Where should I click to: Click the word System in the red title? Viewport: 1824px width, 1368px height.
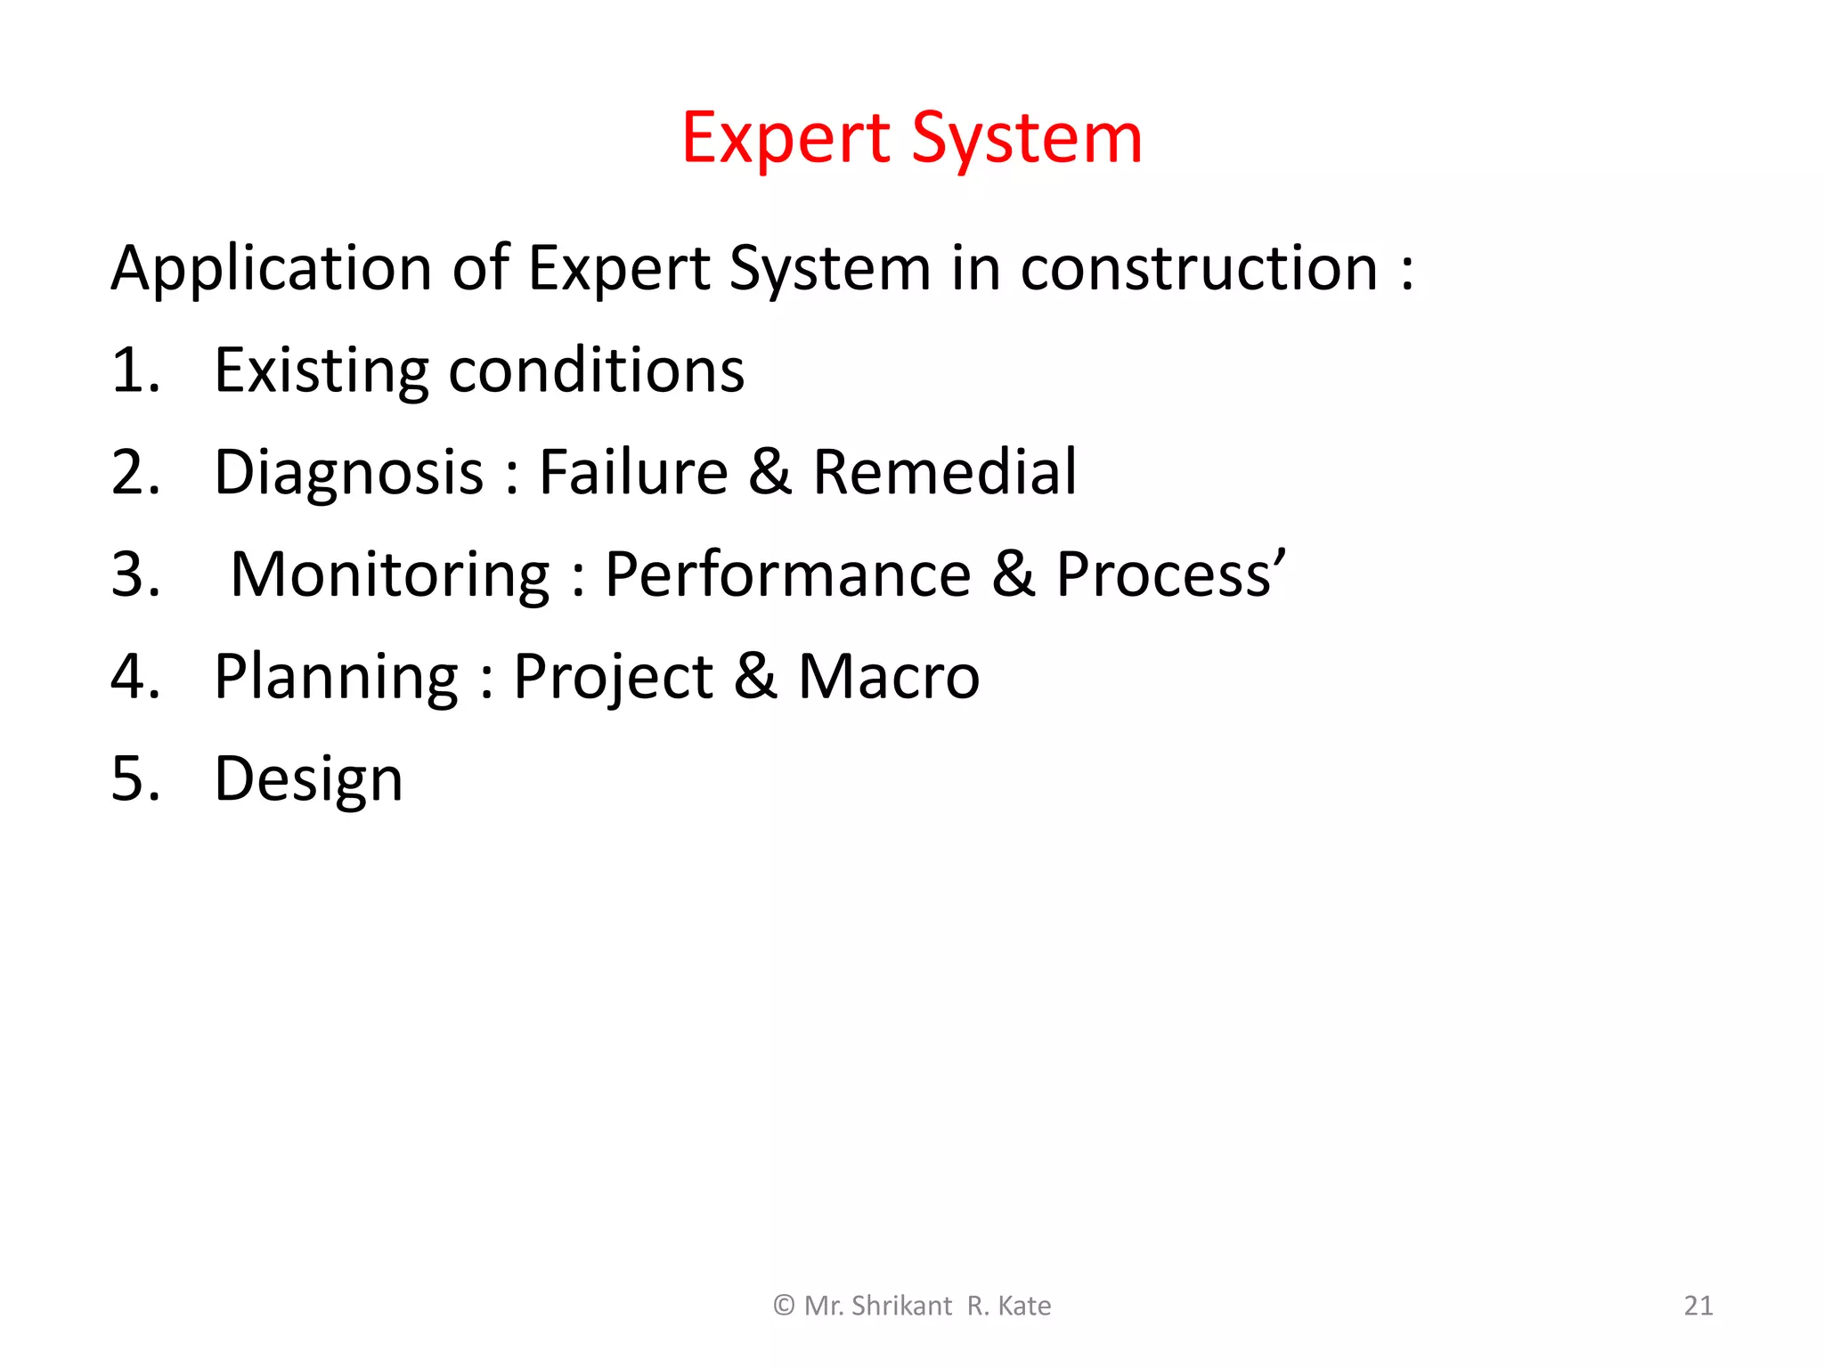coord(1027,139)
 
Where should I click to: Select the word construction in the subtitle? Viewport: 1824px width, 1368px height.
coord(1199,268)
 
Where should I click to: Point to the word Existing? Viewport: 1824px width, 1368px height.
coord(321,370)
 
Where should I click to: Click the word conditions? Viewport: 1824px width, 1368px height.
coord(596,370)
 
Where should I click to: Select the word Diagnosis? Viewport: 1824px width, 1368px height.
coord(349,472)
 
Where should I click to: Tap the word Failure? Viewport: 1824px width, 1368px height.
coord(634,472)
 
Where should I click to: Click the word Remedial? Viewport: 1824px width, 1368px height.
coord(945,472)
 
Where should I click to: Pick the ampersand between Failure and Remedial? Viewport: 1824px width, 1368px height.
coord(770,472)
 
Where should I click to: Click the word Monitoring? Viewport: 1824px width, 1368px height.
coord(390,574)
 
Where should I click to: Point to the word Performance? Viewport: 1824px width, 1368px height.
coord(788,574)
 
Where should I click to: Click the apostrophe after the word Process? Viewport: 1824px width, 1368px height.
coord(1280,557)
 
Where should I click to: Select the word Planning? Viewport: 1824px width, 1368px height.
coord(337,677)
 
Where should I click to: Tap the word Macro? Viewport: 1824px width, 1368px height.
coord(889,677)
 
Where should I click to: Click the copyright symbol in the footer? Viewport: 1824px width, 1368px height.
coord(784,1306)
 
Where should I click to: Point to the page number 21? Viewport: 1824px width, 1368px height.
coord(1698,1306)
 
